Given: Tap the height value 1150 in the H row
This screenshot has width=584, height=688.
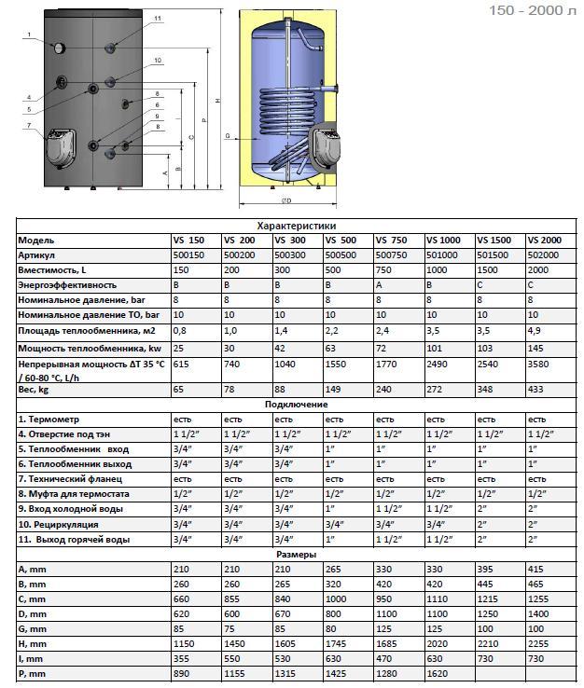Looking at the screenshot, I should coord(185,643).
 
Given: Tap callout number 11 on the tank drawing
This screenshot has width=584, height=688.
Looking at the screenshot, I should coord(157,19).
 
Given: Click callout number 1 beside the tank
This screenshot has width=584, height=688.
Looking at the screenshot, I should coord(29,34).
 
